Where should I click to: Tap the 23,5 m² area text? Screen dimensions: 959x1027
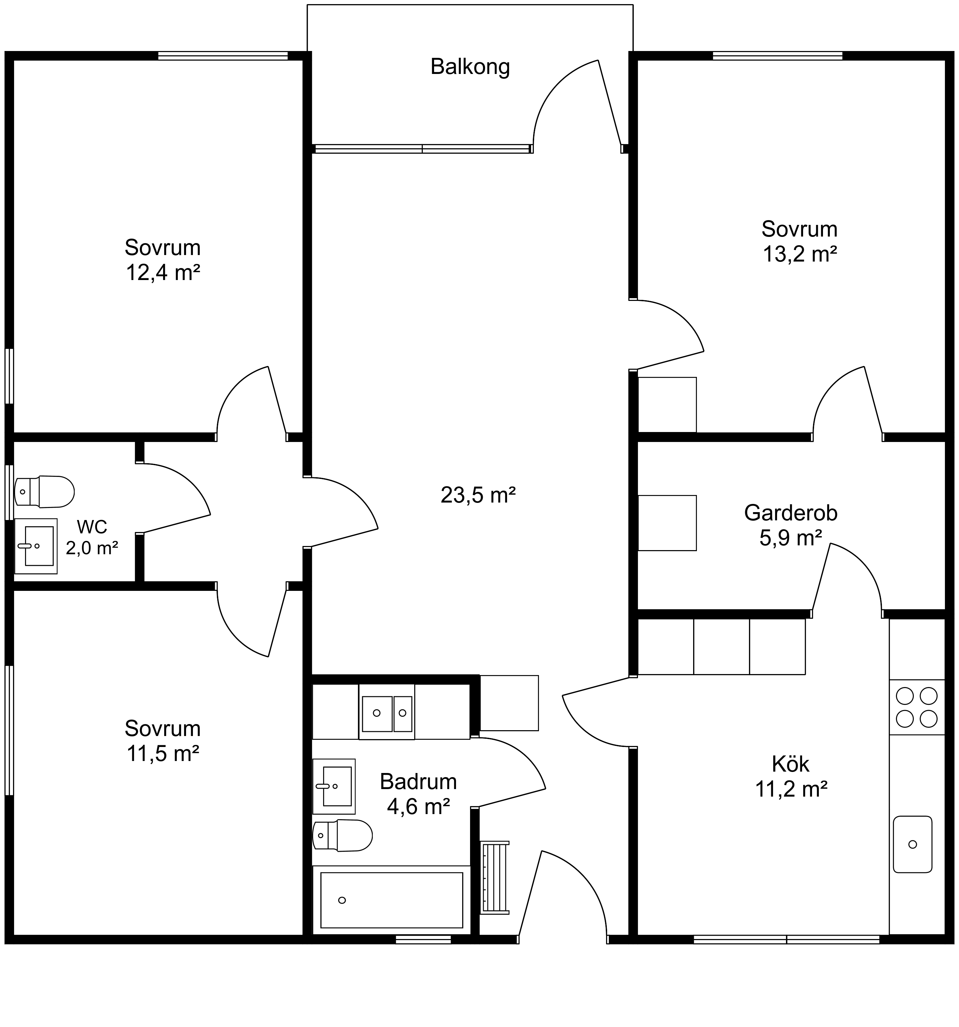478,495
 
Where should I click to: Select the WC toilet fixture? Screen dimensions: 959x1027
45,492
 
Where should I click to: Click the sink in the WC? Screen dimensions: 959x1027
36,546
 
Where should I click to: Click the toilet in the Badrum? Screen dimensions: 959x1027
342,835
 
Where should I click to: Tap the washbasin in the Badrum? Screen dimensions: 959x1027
334,786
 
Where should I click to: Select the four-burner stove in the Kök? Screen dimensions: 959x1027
917,707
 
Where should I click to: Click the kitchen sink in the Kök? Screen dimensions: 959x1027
912,844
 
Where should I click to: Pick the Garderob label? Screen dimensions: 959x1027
790,513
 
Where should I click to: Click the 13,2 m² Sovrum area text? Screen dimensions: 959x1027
800,254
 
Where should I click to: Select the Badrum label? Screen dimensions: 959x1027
418,782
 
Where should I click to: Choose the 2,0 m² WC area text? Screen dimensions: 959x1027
92,548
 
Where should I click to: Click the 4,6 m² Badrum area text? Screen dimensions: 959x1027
418,807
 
